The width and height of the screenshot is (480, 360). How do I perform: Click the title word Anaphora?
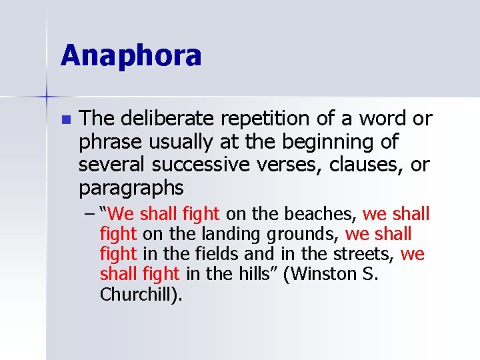(x=131, y=55)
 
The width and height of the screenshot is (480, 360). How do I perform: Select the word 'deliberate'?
(x=167, y=119)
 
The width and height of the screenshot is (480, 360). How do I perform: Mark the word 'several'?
(x=109, y=164)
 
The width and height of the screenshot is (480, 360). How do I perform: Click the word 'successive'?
(x=193, y=164)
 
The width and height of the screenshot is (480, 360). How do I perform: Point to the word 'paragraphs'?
(x=131, y=188)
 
